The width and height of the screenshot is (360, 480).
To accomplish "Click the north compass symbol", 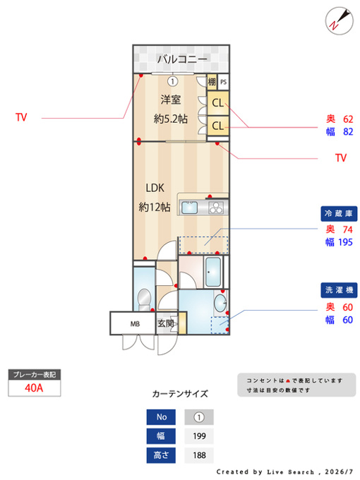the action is (339, 20).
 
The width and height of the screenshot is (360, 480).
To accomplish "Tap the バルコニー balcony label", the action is (182, 59).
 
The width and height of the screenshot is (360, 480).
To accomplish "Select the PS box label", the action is (224, 82).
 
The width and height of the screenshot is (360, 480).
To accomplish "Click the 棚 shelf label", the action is (212, 82).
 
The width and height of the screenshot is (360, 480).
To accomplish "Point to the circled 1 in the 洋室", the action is (173, 81).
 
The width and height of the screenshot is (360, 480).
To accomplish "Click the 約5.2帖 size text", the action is (171, 119).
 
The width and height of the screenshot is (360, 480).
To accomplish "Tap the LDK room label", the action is (155, 188).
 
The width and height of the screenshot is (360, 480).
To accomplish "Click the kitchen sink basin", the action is (189, 208).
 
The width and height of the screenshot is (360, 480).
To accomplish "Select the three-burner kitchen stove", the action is (217, 208).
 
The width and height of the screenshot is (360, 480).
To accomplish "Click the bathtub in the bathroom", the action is (213, 272).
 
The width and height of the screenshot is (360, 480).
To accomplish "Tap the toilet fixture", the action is (143, 300).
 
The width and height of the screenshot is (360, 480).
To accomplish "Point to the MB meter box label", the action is (135, 323).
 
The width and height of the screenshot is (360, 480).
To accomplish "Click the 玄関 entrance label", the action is (166, 323).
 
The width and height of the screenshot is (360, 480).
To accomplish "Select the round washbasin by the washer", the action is (220, 302).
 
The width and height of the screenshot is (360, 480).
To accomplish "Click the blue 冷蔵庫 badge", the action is (339, 214).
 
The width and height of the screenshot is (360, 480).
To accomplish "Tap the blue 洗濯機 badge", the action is (339, 290).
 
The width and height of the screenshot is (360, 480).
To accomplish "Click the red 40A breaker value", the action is (34, 388).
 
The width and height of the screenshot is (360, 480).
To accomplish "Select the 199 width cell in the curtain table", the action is (199, 436).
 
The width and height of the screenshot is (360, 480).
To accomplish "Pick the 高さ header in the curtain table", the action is (161, 455).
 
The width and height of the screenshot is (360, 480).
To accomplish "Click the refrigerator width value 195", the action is (346, 242).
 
